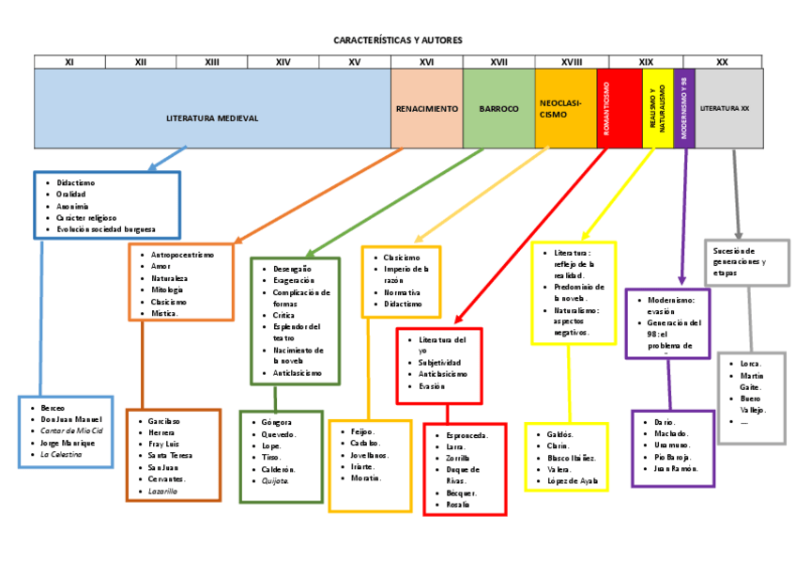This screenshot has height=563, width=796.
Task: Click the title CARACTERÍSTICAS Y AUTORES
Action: (398, 40)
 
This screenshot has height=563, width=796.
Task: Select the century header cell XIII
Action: (211, 62)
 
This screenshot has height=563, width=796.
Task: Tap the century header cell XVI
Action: (426, 62)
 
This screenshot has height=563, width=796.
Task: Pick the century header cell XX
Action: (722, 62)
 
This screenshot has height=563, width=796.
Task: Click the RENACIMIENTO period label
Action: (427, 109)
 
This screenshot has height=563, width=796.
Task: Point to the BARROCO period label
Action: (498, 109)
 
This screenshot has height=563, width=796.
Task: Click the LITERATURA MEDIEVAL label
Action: (212, 118)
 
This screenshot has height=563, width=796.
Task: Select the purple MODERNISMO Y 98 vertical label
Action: (685, 108)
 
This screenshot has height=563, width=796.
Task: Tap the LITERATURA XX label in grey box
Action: (725, 109)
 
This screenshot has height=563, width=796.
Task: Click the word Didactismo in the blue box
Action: (76, 183)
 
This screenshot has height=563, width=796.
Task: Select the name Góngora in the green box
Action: (278, 423)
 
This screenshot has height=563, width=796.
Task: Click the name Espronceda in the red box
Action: (462, 436)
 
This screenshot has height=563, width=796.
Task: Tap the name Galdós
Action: (560, 434)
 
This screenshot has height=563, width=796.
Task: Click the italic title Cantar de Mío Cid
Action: (72, 430)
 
